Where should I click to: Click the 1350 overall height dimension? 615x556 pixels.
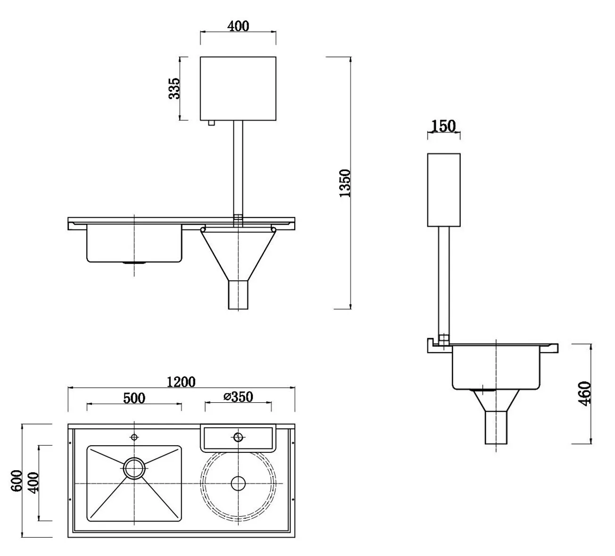click(345, 183)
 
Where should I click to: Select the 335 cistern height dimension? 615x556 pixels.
click(175, 88)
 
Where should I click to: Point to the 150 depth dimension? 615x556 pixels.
click(443, 126)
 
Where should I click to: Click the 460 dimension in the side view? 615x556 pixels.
click(585, 393)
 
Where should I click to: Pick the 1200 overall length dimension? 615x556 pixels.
click(181, 381)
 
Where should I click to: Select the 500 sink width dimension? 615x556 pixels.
click(134, 398)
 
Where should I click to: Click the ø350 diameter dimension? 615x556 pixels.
click(238, 397)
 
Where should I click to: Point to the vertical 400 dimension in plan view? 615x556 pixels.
click(33, 483)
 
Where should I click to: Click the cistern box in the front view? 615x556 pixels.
click(238, 88)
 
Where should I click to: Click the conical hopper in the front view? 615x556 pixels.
click(238, 252)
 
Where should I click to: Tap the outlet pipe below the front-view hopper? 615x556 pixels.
click(238, 295)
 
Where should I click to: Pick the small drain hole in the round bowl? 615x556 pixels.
click(238, 482)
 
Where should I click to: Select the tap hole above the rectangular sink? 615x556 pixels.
click(134, 437)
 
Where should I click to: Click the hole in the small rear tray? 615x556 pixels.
click(238, 437)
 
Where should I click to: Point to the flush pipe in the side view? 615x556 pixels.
click(444, 280)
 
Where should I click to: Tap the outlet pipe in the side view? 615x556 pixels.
click(496, 427)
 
